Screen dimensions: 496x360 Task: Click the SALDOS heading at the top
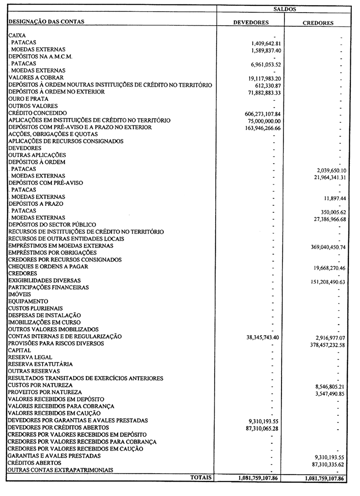pos(284,9)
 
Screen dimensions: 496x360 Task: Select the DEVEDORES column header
pos(251,23)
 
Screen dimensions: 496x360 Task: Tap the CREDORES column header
pos(318,23)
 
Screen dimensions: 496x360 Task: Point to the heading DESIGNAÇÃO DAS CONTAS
pos(46,22)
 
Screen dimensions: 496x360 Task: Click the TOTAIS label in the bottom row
pos(201,477)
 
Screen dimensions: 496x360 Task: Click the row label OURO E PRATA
pos(28,99)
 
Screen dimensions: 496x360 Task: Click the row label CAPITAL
pos(20,350)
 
